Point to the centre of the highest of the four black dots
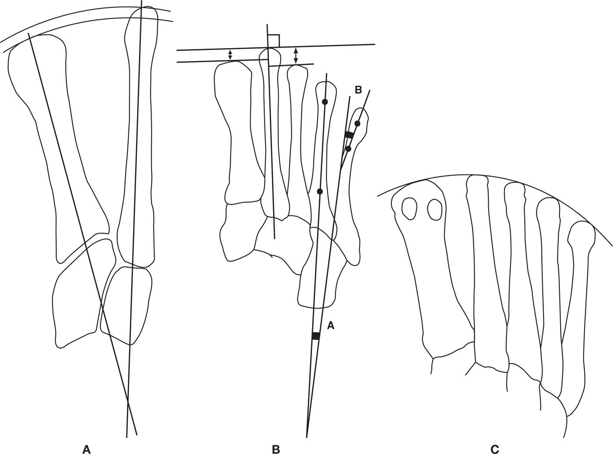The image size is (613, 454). [x=325, y=102]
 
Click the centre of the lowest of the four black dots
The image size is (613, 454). [x=320, y=192]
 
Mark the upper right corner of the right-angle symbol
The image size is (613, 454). [x=280, y=35]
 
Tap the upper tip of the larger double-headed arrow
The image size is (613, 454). [x=296, y=48]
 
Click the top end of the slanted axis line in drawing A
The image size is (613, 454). [x=28, y=33]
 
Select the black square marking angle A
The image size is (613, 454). [x=316, y=336]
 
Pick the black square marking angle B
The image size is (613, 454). [x=349, y=135]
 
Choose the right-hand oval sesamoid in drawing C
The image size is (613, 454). [x=435, y=210]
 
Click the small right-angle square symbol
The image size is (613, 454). [x=274, y=41]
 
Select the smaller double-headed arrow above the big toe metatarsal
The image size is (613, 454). [x=230, y=55]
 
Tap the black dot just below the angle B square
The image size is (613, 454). [x=348, y=149]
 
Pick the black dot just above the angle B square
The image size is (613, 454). [x=357, y=123]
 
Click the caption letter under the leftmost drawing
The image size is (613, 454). [x=87, y=449]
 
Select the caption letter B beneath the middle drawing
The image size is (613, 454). [x=276, y=449]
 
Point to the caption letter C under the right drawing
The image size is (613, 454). [x=494, y=449]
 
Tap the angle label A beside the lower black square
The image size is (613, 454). [x=331, y=326]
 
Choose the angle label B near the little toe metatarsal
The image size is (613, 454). [x=358, y=90]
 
